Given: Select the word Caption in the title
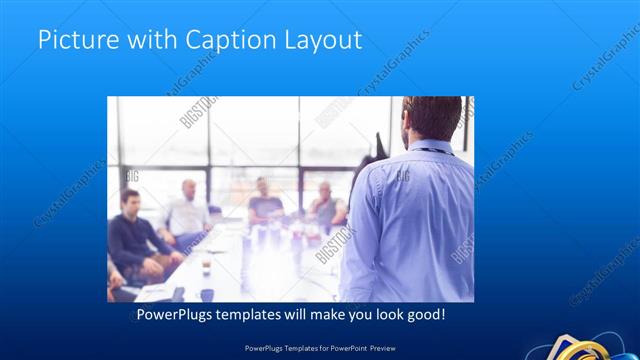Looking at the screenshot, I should pos(221,41).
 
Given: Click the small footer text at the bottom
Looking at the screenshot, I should pos(319,348).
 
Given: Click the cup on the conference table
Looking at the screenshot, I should pos(206,266).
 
